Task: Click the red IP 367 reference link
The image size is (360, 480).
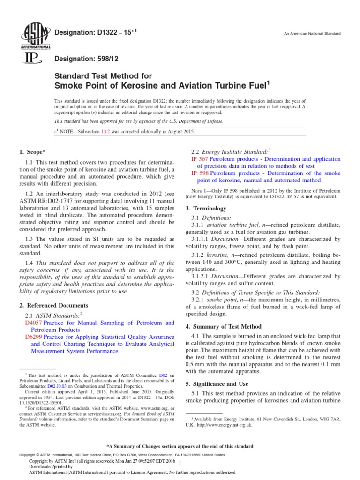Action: [x=200, y=159]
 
